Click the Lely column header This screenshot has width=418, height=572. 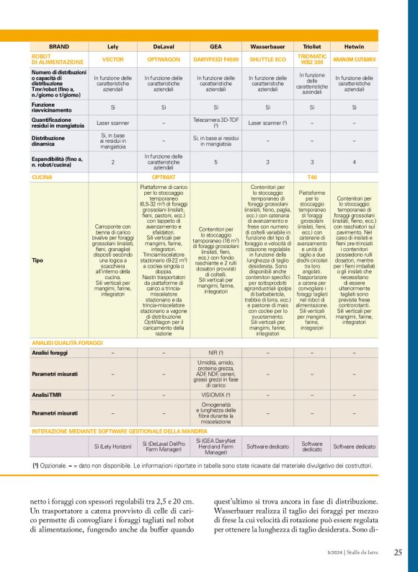tap(113, 45)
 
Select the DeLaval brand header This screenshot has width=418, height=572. tap(164, 45)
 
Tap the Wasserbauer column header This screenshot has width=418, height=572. tap(267, 45)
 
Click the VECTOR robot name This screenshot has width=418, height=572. tap(113, 58)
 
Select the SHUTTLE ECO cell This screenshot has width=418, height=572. tap(267, 58)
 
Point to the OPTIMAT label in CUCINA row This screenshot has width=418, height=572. tap(164, 176)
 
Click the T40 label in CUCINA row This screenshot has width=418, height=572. tap(312, 176)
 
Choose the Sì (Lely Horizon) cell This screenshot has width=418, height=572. tap(113, 447)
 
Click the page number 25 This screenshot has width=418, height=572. tap(398, 553)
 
